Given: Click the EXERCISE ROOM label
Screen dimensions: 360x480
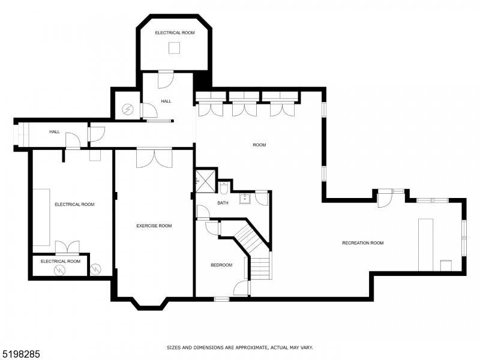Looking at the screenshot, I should click(154, 226).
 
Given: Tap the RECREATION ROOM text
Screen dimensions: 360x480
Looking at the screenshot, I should click(362, 242).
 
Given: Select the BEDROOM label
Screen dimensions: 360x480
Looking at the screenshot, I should click(221, 265).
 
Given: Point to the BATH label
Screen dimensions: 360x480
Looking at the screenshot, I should click(223, 203).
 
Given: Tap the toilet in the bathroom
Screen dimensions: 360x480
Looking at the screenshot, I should click(223, 189).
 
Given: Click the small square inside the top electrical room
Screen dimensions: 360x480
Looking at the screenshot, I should click(174, 49).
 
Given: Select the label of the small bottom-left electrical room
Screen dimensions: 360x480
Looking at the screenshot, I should click(60, 261).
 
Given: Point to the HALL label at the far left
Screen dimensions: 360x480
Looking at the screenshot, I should click(55, 131).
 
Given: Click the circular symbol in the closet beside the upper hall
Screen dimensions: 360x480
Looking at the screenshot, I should click(127, 109).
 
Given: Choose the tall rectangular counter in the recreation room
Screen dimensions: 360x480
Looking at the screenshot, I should click(425, 244).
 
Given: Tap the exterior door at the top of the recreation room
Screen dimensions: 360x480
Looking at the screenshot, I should click(383, 198).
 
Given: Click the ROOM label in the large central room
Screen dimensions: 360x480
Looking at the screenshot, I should click(259, 145).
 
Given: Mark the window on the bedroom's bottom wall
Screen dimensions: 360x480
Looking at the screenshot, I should click(221, 298).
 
